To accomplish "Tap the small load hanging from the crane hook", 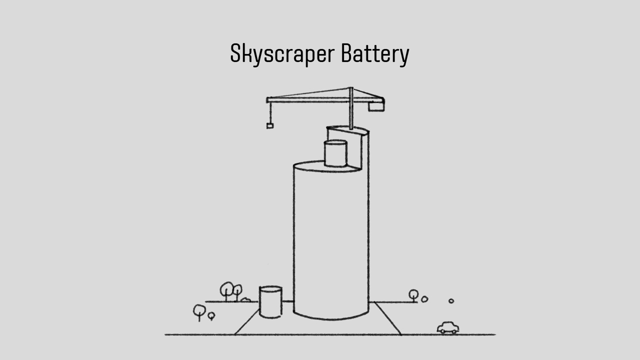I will (x=270, y=126).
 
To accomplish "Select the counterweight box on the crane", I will (x=376, y=106).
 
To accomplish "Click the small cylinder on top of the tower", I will (x=335, y=153).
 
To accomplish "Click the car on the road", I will (x=447, y=327).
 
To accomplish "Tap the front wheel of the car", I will (x=453, y=331).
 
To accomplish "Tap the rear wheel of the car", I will (x=441, y=331).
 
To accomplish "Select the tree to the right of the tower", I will (x=413, y=295).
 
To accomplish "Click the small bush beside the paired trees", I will (x=245, y=300).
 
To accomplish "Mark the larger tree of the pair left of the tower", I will (x=227, y=290).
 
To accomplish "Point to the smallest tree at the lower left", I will (x=211, y=316).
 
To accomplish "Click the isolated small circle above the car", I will (x=451, y=301).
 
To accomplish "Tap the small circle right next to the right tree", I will (x=424, y=299).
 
